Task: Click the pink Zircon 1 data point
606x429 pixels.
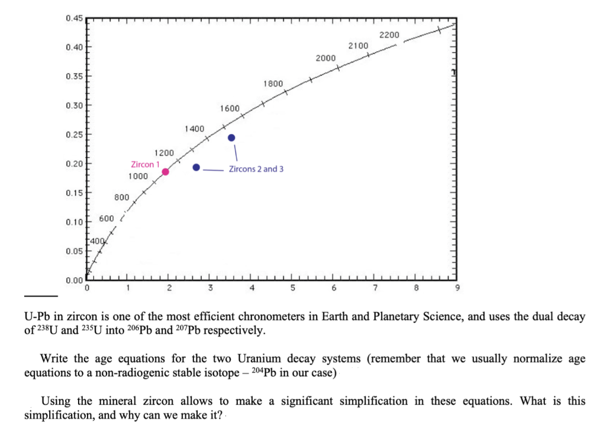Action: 166,172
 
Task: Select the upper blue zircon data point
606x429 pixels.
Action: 231,137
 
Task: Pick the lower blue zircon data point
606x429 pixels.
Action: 196,167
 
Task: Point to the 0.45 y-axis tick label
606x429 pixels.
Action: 75,18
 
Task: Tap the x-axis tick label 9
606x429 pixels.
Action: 456,289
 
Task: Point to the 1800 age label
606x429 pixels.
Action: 273,84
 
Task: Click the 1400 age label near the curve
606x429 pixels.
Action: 194,129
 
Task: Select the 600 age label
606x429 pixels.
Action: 107,219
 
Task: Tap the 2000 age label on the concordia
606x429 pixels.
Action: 325,58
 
